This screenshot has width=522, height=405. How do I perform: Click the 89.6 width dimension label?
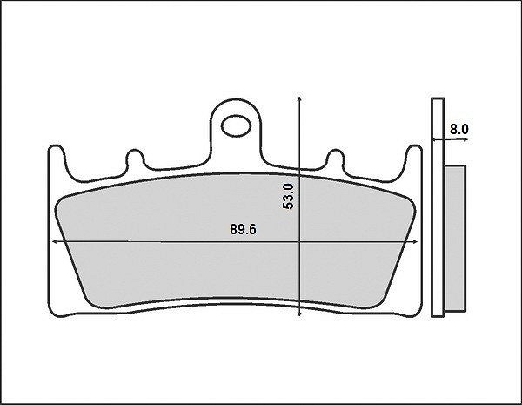point(244,230)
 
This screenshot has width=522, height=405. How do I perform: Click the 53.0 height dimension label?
point(288,196)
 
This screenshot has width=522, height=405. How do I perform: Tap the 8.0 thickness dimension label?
point(459,129)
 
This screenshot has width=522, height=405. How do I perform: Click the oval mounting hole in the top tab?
point(236,126)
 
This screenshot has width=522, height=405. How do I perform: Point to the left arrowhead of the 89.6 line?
point(54,241)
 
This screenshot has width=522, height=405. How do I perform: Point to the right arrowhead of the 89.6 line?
point(415,241)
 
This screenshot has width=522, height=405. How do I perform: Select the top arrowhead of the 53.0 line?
point(299,98)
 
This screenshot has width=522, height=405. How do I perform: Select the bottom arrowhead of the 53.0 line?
point(299,314)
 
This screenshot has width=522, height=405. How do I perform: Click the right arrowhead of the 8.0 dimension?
point(465,139)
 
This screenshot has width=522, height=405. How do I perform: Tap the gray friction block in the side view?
point(455,239)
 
